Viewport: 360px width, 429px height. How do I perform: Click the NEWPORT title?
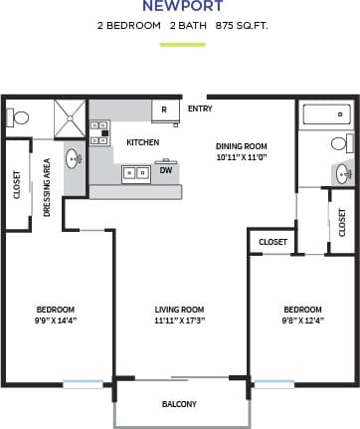[180, 6]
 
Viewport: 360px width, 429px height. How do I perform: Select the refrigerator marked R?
[164, 109]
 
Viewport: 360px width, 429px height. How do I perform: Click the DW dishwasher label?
[165, 170]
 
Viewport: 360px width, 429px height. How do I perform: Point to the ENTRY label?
[199, 108]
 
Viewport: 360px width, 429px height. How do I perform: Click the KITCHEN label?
[142, 142]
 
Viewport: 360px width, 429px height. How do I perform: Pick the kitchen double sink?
[136, 173]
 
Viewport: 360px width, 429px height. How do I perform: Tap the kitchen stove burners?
[98, 133]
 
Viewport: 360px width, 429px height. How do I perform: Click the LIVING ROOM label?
[179, 309]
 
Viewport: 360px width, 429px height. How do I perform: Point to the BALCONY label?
[179, 404]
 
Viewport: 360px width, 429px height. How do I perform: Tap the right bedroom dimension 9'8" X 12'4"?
[302, 321]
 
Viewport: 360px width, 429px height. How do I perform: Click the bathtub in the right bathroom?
[325, 115]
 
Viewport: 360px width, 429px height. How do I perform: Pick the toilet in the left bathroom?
[18, 116]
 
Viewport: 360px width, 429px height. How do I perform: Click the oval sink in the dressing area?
[73, 158]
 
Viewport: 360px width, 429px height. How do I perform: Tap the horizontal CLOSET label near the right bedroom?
[272, 242]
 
